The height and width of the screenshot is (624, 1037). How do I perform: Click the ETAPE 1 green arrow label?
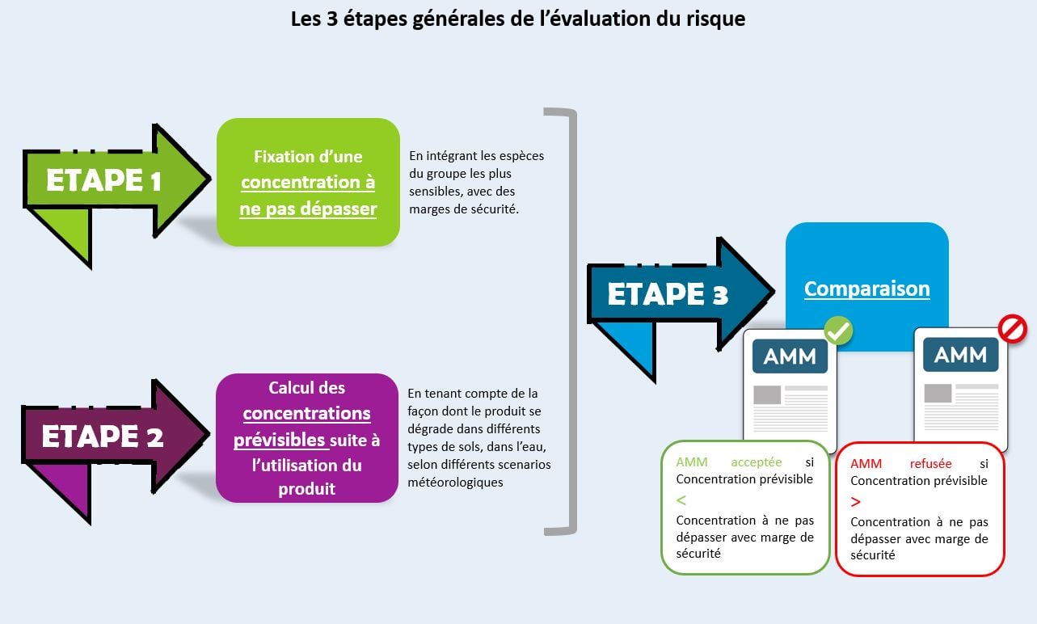[103, 180]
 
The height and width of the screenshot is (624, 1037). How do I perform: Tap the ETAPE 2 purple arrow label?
[102, 436]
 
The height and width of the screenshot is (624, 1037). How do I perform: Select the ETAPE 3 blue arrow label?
[668, 294]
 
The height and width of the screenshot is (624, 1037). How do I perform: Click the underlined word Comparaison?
[866, 289]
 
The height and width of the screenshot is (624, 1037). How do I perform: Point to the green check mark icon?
[838, 330]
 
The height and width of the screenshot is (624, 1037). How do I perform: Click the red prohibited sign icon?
[1012, 328]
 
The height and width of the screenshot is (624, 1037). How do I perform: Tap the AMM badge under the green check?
[790, 356]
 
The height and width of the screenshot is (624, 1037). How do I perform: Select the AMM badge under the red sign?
[960, 355]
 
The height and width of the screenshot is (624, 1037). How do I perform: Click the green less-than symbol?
[681, 500]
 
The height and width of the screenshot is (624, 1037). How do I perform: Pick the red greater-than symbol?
[856, 502]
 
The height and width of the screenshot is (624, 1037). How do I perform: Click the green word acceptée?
[756, 462]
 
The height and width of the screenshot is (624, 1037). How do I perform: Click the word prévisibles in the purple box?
[280, 440]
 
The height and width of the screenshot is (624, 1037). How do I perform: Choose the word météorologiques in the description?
[455, 482]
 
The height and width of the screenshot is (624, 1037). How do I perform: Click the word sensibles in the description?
[436, 192]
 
